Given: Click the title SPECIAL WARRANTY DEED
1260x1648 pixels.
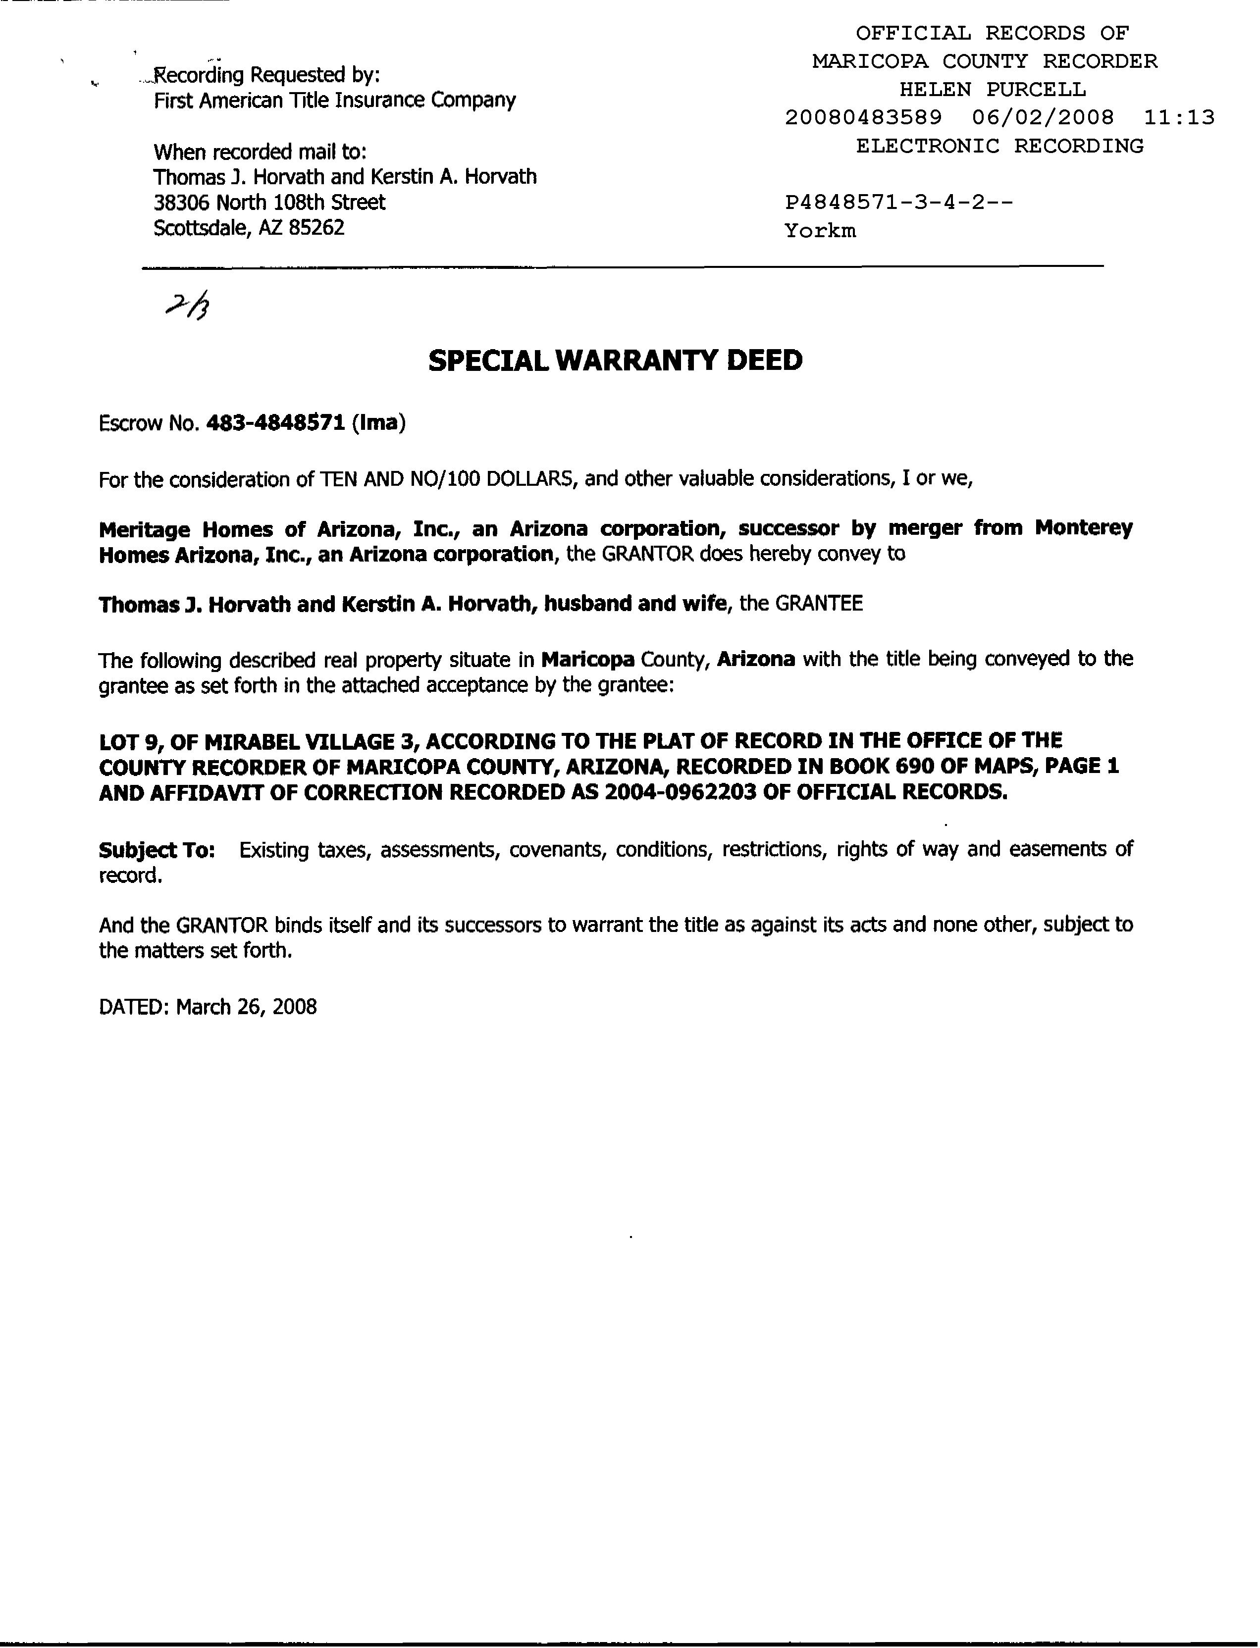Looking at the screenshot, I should click(615, 360).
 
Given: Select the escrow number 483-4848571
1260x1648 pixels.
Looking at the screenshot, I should click(275, 423).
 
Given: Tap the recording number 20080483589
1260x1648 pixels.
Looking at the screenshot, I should click(863, 118).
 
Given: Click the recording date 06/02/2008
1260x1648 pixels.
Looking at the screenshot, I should click(1043, 118).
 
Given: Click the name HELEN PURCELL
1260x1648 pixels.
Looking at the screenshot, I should click(992, 90).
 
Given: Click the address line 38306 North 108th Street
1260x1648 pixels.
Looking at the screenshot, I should click(269, 203).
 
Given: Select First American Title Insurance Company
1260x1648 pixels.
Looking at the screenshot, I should click(334, 101).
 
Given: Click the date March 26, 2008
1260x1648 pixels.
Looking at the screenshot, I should click(246, 1006).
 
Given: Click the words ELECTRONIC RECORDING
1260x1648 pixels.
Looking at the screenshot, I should click(1000, 146).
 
